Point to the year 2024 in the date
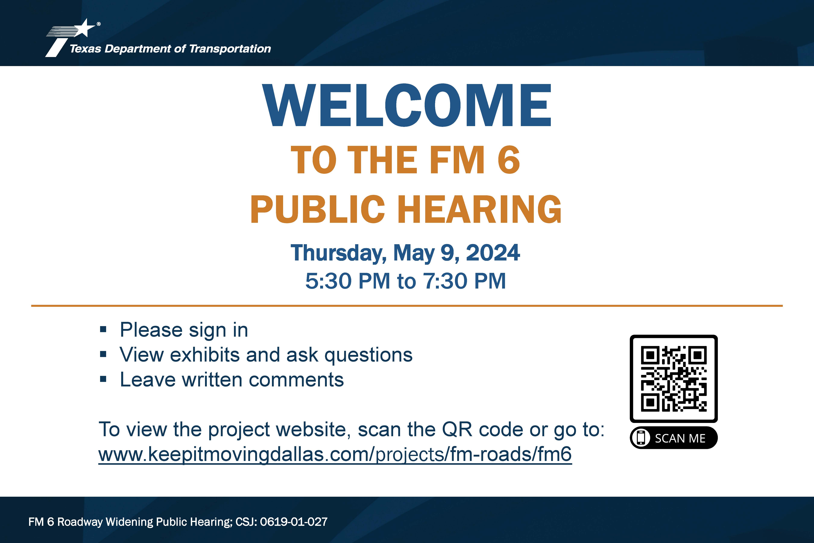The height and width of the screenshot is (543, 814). tap(493, 253)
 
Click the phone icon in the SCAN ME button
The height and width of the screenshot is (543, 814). tap(641, 438)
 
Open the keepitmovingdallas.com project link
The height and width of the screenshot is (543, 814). tap(335, 454)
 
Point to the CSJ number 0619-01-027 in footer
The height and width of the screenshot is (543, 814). tap(293, 522)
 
